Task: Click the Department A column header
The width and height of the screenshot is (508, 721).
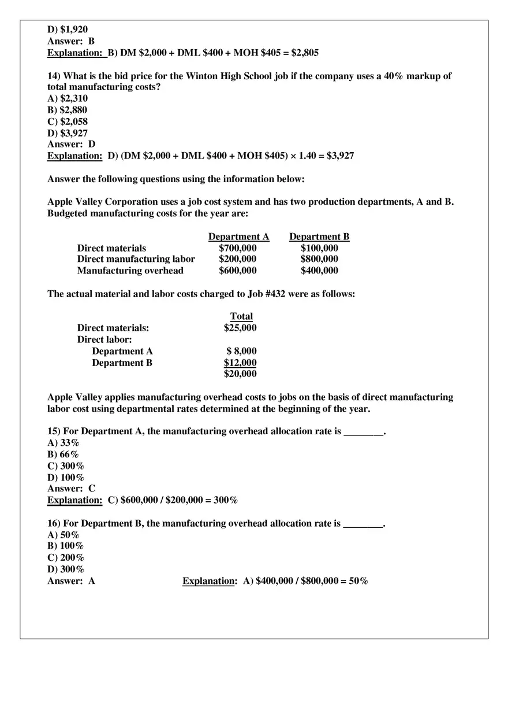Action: (238, 236)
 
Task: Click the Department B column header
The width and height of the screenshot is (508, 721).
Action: (319, 236)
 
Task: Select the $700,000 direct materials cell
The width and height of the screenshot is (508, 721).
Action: (238, 248)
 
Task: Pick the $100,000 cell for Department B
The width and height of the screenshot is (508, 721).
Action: (319, 248)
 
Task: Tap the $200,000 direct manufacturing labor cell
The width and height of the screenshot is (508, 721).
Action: (238, 259)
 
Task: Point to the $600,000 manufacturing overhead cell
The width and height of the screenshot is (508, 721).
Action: (238, 271)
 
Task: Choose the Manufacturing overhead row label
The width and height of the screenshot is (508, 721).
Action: (130, 271)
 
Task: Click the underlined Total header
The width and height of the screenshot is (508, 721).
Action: (241, 316)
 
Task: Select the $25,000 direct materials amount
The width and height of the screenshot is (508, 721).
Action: (240, 328)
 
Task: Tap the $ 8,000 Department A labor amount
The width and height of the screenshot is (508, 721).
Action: (241, 351)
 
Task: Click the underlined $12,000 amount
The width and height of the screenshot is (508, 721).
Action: (240, 363)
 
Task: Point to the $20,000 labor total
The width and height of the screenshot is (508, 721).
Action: (240, 374)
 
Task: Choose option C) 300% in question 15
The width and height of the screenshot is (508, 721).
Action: (66, 466)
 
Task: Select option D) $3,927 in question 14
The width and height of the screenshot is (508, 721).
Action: (68, 133)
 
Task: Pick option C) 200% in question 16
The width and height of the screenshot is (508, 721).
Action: (66, 558)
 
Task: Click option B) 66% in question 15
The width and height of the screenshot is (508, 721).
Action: (63, 454)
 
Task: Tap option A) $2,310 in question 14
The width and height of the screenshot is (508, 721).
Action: (68, 98)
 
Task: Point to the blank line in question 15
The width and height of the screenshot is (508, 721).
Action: (363, 432)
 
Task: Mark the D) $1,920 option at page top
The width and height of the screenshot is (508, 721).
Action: (68, 29)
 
